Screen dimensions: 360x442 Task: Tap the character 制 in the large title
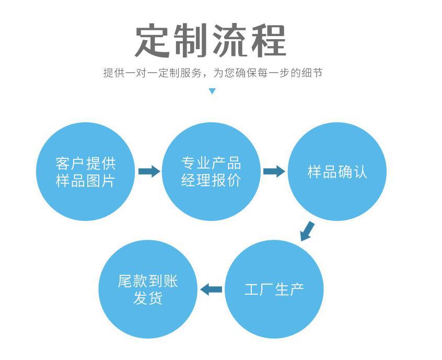(192, 40)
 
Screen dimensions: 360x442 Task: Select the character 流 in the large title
(231, 40)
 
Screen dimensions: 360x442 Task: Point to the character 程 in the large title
(269, 40)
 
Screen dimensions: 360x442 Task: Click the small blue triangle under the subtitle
(212, 91)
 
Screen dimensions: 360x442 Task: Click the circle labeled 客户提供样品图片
(85, 171)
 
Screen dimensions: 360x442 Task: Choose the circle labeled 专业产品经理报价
(211, 171)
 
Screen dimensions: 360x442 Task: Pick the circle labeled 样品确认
(337, 171)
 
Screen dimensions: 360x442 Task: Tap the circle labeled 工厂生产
(274, 289)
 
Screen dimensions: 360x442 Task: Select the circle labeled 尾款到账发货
(148, 289)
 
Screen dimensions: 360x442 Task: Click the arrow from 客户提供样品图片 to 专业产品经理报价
(149, 171)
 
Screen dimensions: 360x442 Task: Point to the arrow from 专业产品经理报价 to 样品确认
(274, 171)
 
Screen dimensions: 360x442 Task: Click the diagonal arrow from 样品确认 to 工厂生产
(308, 231)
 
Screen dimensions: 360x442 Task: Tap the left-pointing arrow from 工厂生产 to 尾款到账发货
(211, 289)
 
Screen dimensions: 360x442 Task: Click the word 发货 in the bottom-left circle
(148, 299)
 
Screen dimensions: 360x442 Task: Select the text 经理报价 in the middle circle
(211, 181)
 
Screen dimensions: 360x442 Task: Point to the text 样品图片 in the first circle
(85, 181)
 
